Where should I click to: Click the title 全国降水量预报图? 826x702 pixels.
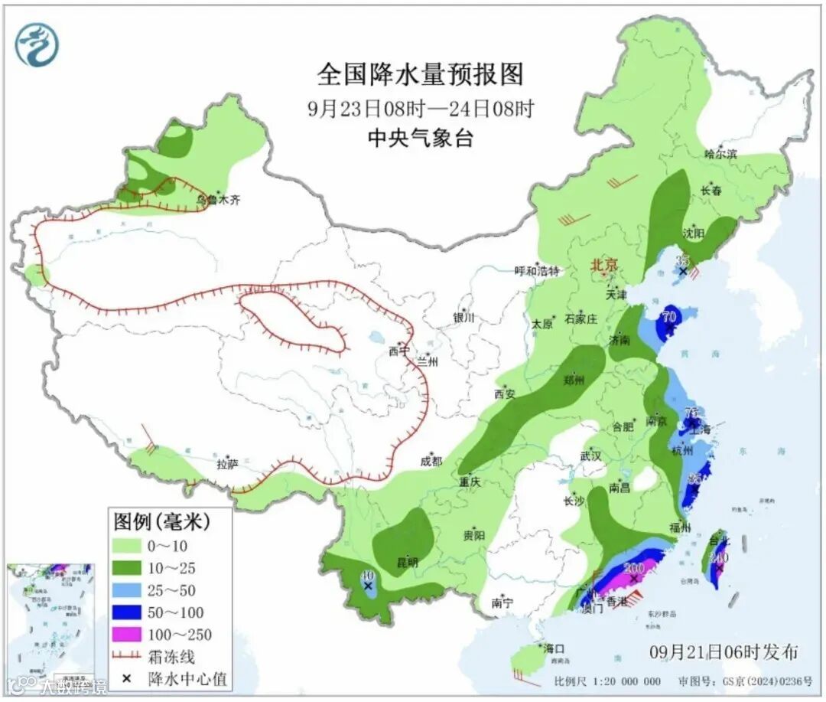point(420,74)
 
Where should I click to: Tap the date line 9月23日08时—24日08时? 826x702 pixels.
point(420,108)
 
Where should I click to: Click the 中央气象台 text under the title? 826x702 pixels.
point(420,138)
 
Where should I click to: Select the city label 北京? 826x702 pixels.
point(603,266)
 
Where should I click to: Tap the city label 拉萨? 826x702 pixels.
point(227,463)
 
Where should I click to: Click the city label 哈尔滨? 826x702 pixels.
point(720,153)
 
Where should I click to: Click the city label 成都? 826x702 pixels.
point(431,461)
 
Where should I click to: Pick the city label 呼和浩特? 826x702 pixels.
point(537,271)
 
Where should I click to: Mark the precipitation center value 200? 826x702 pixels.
point(634,567)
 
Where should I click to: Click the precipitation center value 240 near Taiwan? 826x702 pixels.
point(718,557)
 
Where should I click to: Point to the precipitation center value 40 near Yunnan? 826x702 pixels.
point(368,576)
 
